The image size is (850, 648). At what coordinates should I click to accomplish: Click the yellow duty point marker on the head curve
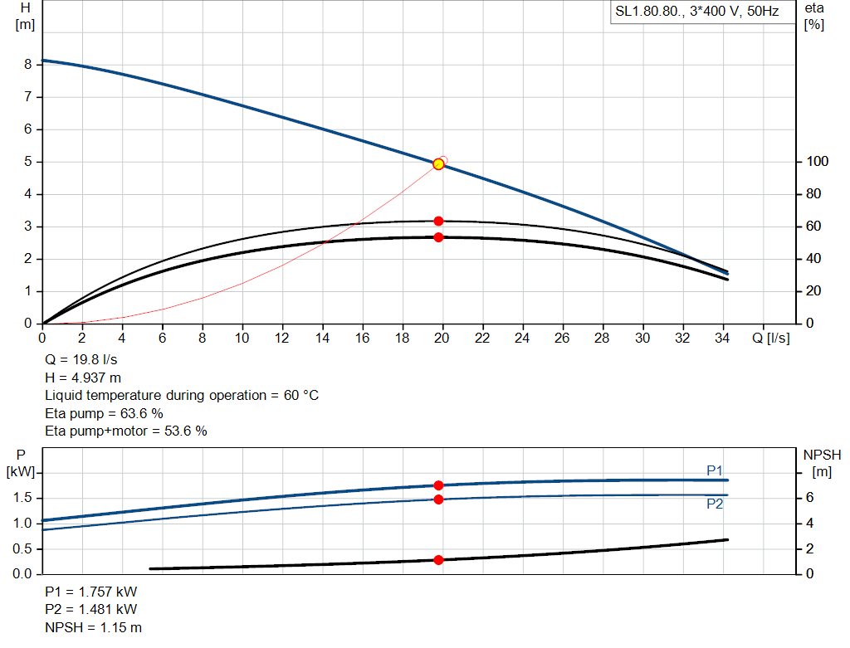(438, 164)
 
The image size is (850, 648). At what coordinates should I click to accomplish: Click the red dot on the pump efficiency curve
(438, 221)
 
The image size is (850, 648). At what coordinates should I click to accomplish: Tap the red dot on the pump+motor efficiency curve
(438, 237)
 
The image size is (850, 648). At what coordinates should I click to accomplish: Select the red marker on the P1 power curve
(438, 485)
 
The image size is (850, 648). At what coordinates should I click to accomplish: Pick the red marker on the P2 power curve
(438, 499)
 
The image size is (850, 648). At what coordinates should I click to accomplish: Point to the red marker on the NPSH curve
(438, 560)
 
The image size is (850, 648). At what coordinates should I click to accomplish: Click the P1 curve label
(715, 470)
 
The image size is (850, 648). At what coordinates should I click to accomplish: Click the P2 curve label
(715, 504)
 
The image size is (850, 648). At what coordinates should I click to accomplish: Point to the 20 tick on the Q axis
(442, 338)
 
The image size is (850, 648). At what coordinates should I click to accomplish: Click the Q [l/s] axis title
(771, 338)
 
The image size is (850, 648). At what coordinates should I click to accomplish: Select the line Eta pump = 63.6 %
(104, 413)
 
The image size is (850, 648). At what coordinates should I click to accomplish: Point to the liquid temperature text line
(182, 396)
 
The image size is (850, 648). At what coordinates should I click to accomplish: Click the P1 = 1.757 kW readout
(91, 592)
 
